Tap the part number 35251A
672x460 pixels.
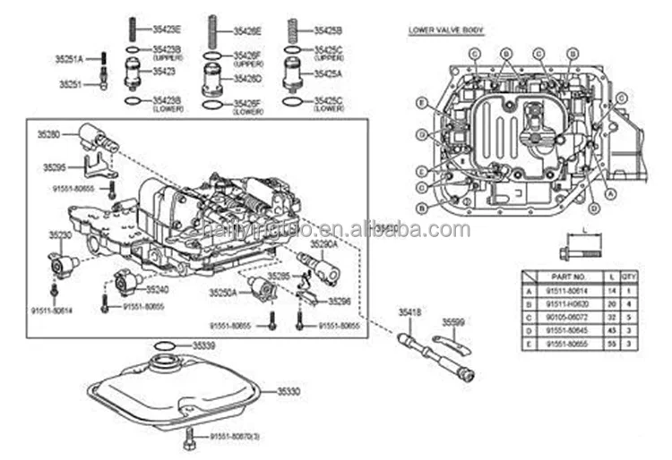[71, 59]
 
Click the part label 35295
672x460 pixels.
[54, 166]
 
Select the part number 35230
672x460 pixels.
[60, 234]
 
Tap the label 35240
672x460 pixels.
[157, 290]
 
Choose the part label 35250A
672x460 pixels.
[222, 293]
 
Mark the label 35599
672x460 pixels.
[456, 320]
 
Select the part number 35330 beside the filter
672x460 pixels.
[289, 391]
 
